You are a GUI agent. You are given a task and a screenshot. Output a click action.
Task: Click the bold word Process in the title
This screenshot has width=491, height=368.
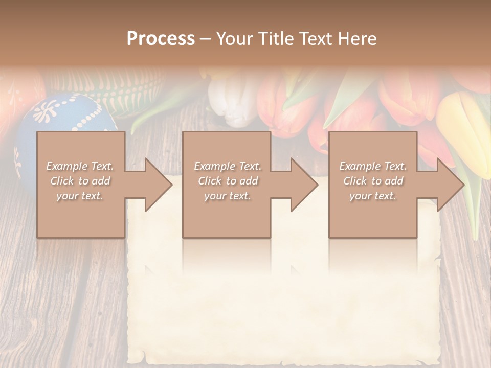click(161, 39)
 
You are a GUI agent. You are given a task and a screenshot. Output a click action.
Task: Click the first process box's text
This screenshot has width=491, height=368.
click(80, 181)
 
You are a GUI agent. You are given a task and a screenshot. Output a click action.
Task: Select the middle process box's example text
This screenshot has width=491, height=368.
click(228, 181)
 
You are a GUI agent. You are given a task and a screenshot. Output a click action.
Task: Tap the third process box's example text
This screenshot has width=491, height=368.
click(373, 181)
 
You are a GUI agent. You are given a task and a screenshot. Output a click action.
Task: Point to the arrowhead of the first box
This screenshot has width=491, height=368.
click(158, 185)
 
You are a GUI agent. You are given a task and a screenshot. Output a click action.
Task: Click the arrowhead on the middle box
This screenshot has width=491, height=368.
click(304, 185)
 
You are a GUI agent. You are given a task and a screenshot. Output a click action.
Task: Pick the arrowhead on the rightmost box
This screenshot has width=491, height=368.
click(450, 185)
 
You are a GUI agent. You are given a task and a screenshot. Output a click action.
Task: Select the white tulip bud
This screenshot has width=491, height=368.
click(233, 102)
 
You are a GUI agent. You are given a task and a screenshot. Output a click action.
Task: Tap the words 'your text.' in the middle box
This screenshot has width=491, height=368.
click(228, 196)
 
